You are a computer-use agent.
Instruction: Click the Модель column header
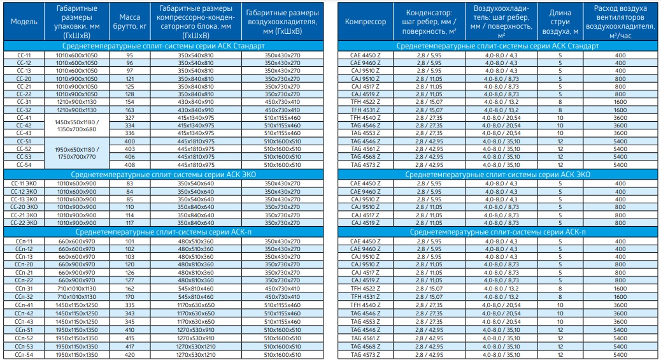tap(24, 22)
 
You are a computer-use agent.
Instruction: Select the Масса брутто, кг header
tap(129, 22)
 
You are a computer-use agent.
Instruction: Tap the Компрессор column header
tap(365, 22)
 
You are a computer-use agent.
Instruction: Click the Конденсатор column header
tap(429, 22)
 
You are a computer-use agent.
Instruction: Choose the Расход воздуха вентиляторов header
tap(620, 22)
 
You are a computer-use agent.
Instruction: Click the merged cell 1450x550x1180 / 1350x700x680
tap(76, 126)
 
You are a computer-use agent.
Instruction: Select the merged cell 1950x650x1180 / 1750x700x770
tap(76, 153)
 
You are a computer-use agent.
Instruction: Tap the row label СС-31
tap(24, 102)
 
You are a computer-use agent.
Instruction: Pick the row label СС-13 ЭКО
tap(24, 199)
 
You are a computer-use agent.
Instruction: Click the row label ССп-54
tap(24, 354)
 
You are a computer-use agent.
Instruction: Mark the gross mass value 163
tap(129, 110)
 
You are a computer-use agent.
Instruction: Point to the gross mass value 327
tap(129, 118)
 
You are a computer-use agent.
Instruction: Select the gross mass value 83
tap(129, 184)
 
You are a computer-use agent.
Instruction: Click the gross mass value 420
tap(129, 354)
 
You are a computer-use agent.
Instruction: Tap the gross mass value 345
tap(129, 322)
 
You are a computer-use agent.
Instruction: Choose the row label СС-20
tap(24, 78)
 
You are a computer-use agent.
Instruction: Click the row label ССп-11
tap(24, 241)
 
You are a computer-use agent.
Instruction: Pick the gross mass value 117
tap(129, 223)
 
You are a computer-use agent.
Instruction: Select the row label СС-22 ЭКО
tap(24, 223)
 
